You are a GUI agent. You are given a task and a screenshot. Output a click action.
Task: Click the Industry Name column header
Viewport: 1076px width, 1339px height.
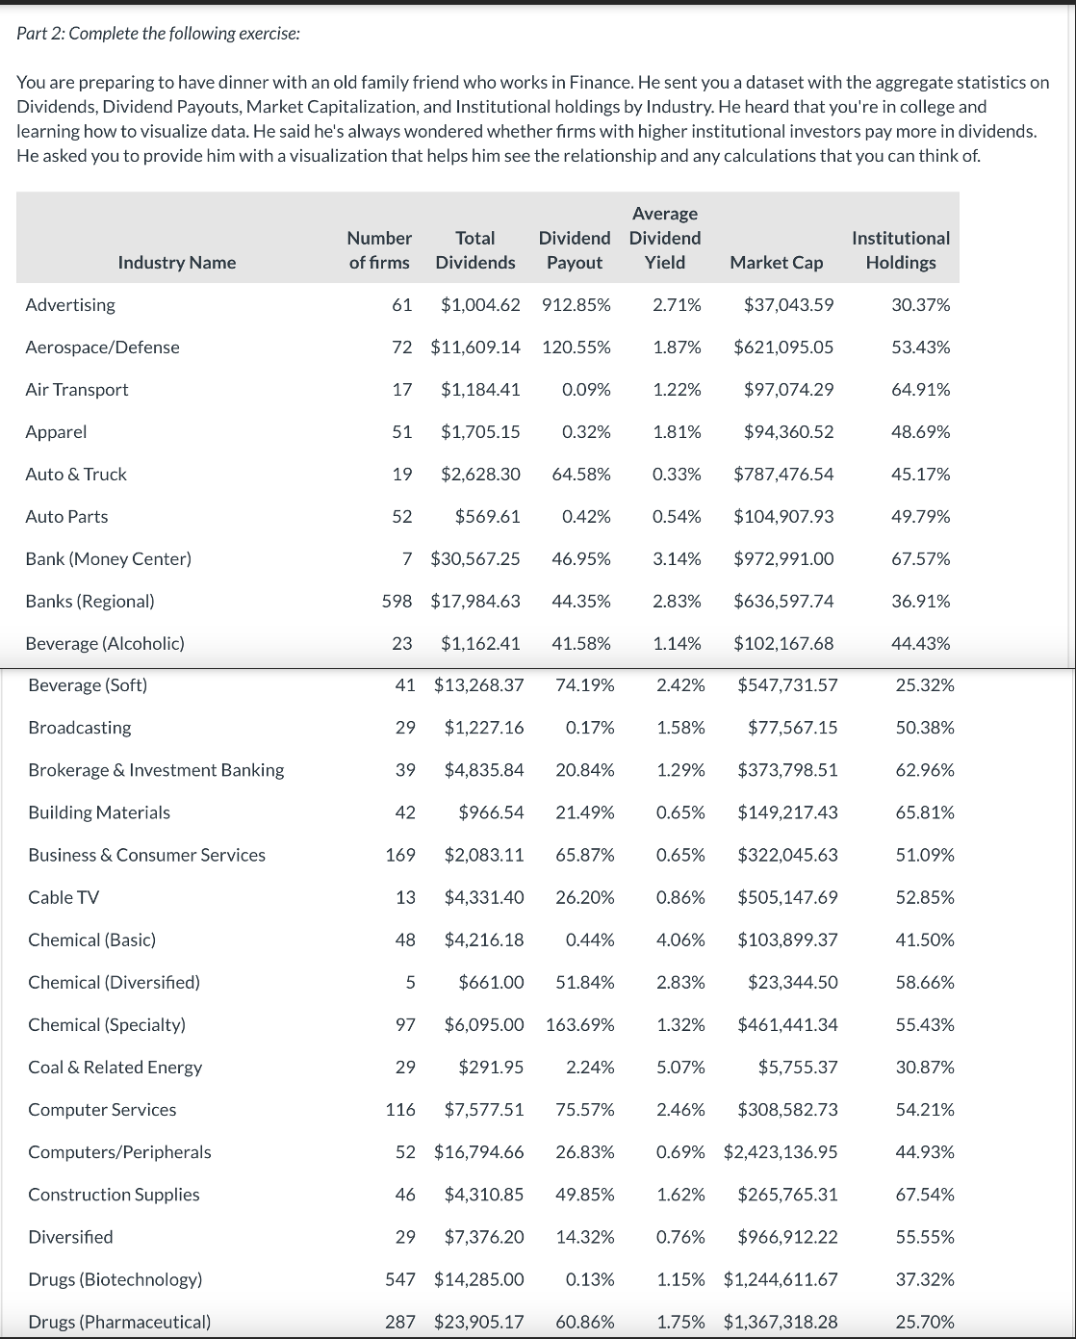click(x=176, y=262)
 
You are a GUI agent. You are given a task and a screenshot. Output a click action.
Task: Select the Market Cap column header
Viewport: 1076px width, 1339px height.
click(x=776, y=262)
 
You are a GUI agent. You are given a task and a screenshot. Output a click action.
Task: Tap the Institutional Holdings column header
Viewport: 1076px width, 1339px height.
click(x=900, y=249)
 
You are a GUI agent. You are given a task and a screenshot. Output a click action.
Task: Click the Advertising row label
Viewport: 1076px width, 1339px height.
click(x=70, y=304)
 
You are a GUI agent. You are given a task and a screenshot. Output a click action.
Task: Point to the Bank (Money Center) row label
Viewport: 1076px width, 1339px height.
click(x=108, y=558)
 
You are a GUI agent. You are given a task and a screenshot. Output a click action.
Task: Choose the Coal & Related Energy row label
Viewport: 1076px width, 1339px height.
click(x=115, y=1067)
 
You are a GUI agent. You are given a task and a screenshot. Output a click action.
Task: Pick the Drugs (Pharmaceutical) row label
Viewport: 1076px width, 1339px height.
click(x=119, y=1322)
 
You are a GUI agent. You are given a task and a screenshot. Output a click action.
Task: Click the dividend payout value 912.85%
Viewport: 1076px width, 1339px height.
click(x=576, y=304)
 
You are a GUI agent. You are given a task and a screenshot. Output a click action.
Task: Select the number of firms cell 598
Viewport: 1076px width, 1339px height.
click(x=397, y=601)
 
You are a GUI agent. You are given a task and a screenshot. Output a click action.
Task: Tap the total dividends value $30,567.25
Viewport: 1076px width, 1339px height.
click(x=475, y=558)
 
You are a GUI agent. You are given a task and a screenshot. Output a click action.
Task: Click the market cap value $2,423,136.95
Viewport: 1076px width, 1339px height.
click(x=780, y=1151)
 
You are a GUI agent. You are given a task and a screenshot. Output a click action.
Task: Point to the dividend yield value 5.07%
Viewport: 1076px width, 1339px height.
click(x=680, y=1067)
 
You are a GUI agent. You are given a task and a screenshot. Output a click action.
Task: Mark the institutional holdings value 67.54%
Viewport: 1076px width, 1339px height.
click(x=924, y=1194)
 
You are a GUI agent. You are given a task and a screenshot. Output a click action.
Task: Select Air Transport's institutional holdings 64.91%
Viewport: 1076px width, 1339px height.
click(x=920, y=389)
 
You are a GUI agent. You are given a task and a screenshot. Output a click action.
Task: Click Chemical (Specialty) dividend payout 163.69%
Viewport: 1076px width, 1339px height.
click(x=579, y=1024)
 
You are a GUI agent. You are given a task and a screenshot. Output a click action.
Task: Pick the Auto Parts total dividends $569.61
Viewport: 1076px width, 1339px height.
click(x=487, y=516)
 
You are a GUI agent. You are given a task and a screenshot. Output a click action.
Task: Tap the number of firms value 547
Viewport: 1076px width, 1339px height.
click(x=400, y=1278)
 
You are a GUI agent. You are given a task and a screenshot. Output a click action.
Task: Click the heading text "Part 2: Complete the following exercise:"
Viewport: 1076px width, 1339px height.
click(x=158, y=34)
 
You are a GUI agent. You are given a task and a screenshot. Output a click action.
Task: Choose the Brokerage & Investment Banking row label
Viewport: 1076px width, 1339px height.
click(x=156, y=769)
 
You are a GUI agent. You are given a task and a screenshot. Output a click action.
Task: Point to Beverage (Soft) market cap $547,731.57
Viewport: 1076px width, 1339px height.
click(x=787, y=684)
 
